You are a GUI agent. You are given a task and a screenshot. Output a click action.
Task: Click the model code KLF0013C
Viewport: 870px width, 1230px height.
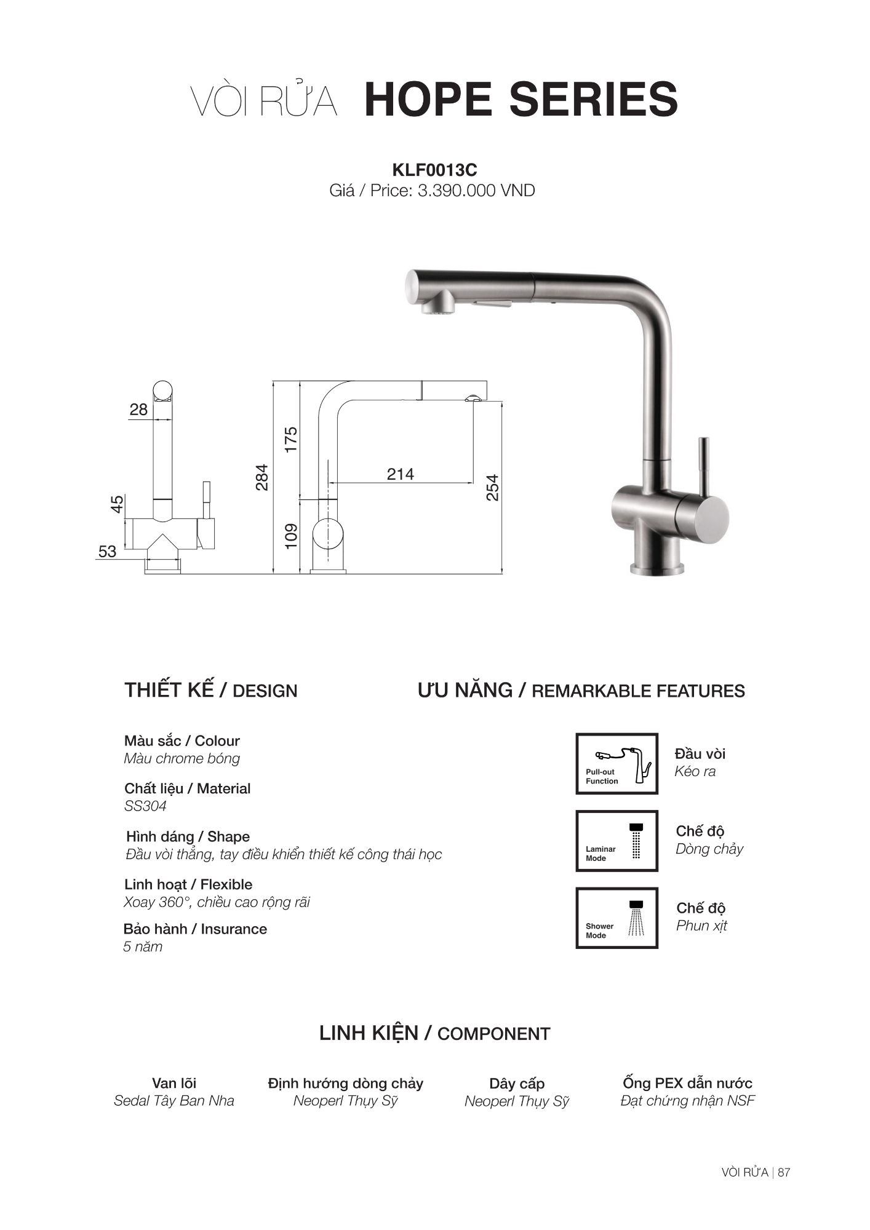coord(434,170)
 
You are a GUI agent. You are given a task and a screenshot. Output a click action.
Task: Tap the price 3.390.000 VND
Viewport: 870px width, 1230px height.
coord(476,191)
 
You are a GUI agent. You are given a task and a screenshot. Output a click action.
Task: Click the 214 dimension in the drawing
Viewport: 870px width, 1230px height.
coord(401,474)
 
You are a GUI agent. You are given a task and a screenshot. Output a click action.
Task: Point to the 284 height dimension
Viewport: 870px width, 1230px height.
coord(262,477)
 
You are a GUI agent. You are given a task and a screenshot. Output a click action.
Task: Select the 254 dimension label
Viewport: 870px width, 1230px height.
coord(492,487)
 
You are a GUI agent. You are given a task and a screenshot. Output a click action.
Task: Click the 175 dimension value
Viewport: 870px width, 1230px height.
coord(291,440)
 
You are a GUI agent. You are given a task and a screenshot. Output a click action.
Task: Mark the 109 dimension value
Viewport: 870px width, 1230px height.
coord(291,535)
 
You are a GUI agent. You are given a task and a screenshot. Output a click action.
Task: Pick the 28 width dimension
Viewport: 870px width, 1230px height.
coord(138,410)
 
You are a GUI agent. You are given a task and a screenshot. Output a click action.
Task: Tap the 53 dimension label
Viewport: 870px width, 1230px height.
coord(107,552)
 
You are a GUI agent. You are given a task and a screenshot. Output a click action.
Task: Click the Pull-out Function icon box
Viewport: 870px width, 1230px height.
coord(617,763)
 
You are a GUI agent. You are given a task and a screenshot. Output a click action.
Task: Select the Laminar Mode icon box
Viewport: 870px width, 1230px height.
coord(617,841)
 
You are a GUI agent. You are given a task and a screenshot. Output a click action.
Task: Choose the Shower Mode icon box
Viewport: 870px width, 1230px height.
coord(617,918)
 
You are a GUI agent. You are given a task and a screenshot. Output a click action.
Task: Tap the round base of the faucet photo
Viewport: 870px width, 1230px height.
coord(656,568)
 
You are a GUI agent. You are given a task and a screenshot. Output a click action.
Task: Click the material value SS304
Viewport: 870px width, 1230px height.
coord(145,806)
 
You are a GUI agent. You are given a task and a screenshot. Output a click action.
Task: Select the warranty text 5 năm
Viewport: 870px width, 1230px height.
coord(143,946)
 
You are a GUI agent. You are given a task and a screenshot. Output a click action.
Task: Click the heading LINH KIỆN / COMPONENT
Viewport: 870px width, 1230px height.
coord(434,1033)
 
